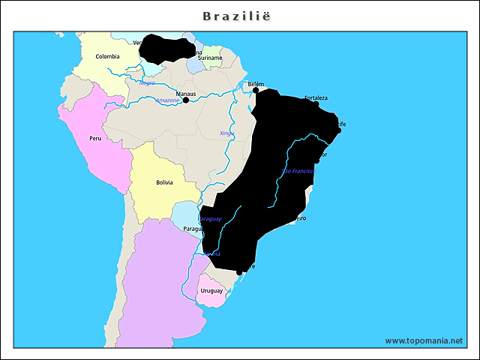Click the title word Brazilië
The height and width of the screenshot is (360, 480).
coord(239,15)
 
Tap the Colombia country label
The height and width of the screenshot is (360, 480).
coord(107,56)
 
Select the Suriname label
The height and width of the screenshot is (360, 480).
coord(210,58)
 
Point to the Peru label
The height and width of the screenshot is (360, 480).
coord(95,139)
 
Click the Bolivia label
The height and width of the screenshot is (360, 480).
coord(164,182)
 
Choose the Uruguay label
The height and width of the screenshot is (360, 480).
coord(211,290)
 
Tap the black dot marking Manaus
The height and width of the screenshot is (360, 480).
coord(186,100)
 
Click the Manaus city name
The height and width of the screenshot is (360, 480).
coord(185,94)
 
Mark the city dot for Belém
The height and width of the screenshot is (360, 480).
coord(256,90)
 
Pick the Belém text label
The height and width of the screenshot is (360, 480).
coord(256,84)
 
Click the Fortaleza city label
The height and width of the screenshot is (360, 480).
coord(316,98)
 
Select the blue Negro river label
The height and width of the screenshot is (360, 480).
coord(147,82)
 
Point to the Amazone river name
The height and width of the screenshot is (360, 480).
coord(167,100)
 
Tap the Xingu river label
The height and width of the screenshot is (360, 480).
coord(226,133)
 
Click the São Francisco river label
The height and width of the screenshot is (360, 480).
coord(298,172)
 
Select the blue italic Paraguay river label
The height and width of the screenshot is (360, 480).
coord(210,218)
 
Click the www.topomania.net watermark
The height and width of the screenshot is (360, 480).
coord(424,340)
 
